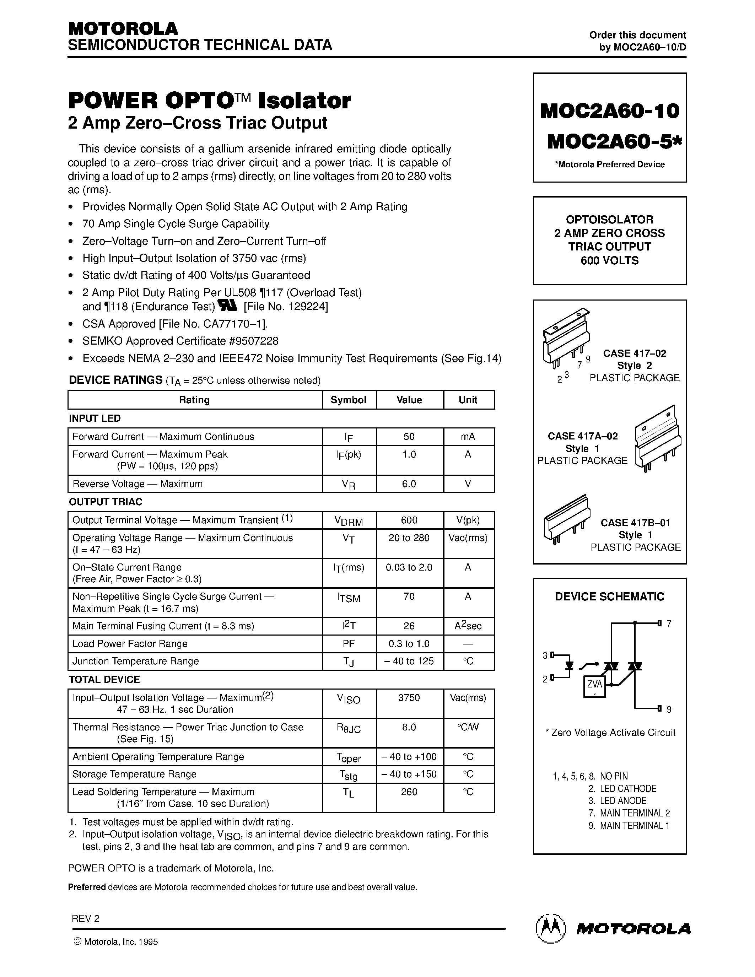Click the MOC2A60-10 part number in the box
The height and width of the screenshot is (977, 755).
610,110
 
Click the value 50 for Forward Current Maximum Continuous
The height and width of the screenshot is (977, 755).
409,437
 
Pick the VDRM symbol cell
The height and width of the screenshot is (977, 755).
349,521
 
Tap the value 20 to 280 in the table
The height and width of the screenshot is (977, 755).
409,538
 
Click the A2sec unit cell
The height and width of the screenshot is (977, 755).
468,626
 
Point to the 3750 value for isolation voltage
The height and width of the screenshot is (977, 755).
409,698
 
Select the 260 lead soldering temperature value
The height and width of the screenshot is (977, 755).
409,792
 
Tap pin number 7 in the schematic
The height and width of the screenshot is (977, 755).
669,624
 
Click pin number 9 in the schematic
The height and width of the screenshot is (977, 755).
669,709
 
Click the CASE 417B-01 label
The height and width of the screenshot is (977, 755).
635,523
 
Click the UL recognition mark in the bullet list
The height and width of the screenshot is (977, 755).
228,306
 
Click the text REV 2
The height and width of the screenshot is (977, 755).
85,918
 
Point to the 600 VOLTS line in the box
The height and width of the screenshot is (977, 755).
610,260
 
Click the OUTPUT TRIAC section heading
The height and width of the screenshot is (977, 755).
106,502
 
